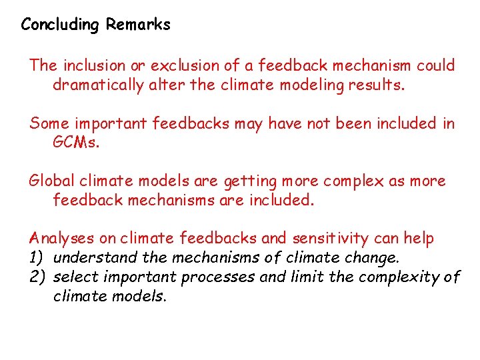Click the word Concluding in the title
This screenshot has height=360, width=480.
(59, 25)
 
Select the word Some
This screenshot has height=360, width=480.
(45, 123)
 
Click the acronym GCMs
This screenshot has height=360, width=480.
(75, 143)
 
